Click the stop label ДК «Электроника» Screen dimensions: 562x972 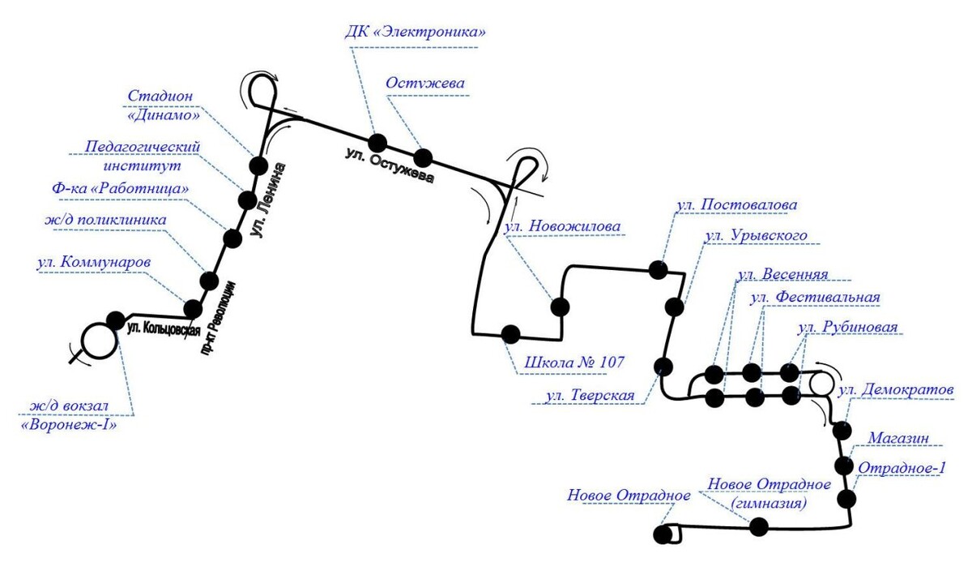[x=415, y=33]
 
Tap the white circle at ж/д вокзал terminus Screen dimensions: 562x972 [x=99, y=341]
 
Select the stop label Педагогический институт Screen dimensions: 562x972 [x=143, y=155]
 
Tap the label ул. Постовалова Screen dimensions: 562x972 [x=738, y=204]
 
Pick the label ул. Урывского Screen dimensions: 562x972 [x=757, y=235]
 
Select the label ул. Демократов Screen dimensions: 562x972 [x=897, y=390]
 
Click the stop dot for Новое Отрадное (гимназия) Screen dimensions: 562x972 [x=758, y=527]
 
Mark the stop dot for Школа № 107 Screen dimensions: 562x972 [x=511, y=334]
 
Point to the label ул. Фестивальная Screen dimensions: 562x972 [x=815, y=297]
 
